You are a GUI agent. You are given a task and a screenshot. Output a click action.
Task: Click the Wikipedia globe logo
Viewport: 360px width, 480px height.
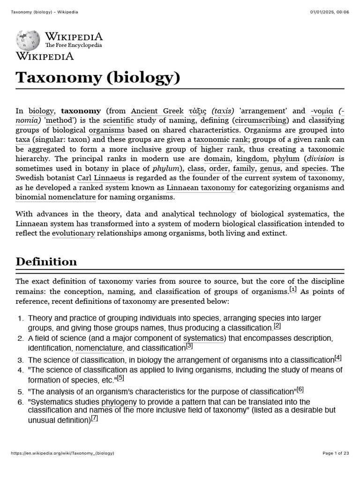pos(29,40)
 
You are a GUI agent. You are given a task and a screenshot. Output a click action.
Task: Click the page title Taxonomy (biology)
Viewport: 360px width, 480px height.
pos(98,77)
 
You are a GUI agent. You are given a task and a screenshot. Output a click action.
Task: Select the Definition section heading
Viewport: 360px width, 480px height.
pos(46,262)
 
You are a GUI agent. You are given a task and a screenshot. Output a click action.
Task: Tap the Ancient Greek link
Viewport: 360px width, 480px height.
pos(157,111)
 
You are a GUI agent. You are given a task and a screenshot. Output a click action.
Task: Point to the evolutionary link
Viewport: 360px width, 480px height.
pos(73,233)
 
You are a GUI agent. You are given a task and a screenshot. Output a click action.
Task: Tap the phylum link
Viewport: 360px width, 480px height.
pos(286,159)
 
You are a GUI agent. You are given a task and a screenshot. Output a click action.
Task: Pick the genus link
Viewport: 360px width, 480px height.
pos(270,169)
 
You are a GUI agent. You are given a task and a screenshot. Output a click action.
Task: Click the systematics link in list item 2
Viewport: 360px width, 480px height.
pos(204,338)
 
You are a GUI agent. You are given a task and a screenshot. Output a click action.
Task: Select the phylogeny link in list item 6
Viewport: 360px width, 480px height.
pos(119,402)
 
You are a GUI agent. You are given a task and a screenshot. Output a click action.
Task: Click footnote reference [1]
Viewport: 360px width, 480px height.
pos(293,289)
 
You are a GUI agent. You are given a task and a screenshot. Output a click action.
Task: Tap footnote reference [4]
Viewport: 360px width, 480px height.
pos(338,358)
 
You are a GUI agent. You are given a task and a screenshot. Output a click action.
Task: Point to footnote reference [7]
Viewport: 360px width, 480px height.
pos(94,419)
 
